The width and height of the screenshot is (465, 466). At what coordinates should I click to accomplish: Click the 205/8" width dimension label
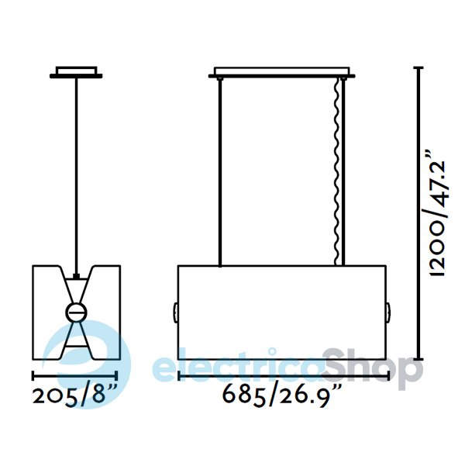(74, 397)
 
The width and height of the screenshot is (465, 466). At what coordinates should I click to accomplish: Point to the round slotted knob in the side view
(77, 312)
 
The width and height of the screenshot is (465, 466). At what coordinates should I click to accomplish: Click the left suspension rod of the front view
(220, 172)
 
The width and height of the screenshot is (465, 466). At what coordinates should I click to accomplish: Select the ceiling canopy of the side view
(76, 73)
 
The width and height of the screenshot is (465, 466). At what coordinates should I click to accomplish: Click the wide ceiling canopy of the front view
(281, 73)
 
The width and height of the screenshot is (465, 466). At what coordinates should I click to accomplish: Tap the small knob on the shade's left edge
(176, 312)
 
